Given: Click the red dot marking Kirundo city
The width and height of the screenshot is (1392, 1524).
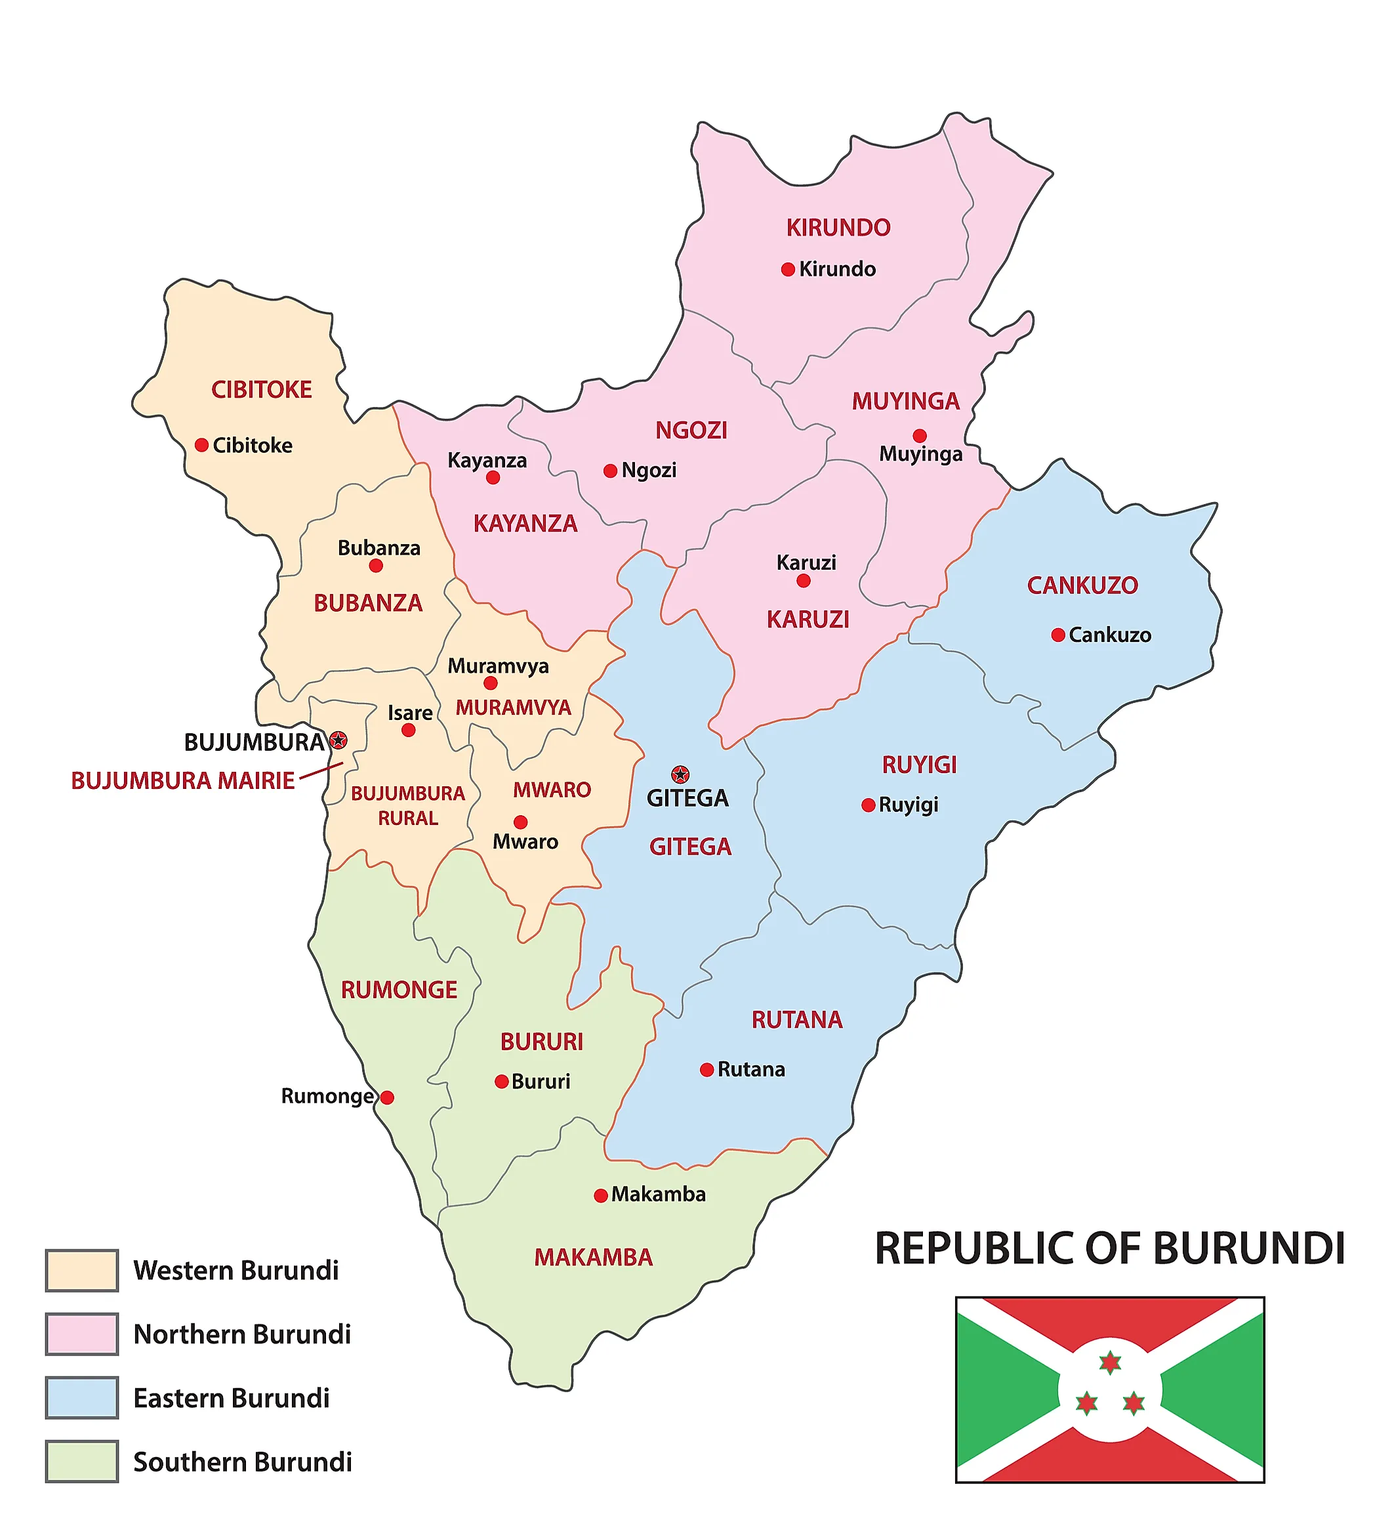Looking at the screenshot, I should pos(787,269).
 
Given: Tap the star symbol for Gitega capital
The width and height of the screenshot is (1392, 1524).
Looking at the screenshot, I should pos(680,774).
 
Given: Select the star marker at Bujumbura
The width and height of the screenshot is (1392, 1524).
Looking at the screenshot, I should pos(338,740).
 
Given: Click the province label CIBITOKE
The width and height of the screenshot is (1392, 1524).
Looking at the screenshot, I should pos(262,389).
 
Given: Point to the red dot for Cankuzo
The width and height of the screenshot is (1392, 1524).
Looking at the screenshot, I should pos(1058,635).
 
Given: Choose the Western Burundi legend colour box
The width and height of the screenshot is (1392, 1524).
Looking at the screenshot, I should pos(81,1271).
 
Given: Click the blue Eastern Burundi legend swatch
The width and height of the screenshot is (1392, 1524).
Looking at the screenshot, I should pos(81,1398).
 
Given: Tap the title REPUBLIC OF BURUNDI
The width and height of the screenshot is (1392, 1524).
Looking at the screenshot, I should pos(1109,1248).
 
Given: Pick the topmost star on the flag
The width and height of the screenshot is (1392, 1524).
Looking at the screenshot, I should pos(1109,1363).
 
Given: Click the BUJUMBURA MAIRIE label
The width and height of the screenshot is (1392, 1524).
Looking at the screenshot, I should pos(183,780).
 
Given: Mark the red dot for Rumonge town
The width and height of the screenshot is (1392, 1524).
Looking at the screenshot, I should pos(387,1097).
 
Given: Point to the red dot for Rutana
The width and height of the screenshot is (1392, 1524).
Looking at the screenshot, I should pos(706,1070).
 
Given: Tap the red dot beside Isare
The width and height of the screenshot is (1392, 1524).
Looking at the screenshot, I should pos(408,730).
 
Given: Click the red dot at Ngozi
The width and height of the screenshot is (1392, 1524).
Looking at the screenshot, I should pos(611,471).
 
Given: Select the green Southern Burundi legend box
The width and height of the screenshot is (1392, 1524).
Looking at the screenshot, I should pos(81,1461).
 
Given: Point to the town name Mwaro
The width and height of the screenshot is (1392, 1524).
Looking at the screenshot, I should pos(525,841).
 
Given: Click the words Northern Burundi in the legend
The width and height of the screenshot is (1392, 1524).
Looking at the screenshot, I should pos(242,1334).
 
